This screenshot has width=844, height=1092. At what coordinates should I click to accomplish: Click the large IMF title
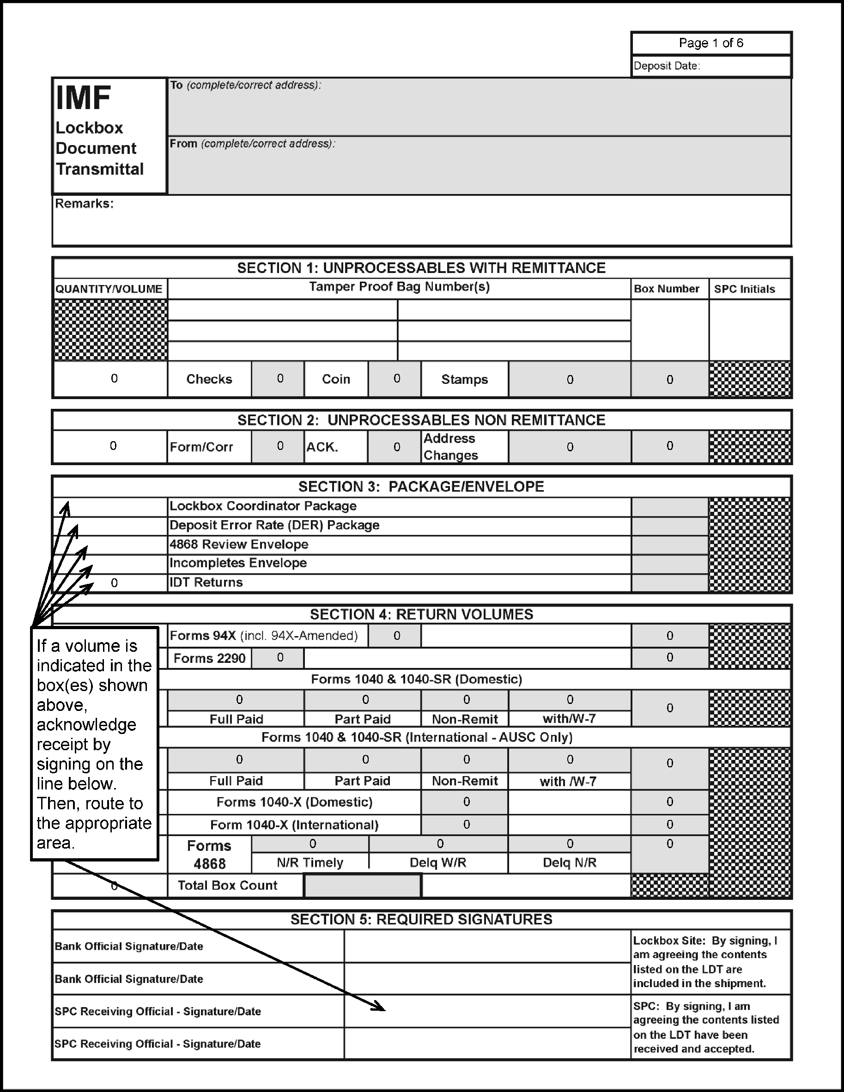pos(83,98)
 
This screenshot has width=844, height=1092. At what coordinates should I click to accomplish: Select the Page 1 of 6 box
pos(710,43)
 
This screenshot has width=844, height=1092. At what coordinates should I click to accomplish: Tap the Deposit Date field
pos(710,66)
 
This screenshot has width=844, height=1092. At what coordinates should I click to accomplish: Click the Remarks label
pos(84,204)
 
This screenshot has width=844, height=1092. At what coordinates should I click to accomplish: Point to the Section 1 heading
pos(421,268)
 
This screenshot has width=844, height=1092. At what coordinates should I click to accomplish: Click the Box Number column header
pos(667,289)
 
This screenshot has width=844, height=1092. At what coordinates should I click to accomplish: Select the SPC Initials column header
pos(744,289)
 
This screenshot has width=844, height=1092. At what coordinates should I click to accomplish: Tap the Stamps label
pos(464,380)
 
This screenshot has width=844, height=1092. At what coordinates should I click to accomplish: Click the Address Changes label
pos(450,447)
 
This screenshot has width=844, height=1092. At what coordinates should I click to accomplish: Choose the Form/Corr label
pos(201,447)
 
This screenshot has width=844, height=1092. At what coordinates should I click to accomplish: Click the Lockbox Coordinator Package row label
pos(263,506)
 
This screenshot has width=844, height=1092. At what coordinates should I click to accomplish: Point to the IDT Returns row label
pos(206,582)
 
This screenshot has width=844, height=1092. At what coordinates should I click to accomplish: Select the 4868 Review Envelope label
pos(239,545)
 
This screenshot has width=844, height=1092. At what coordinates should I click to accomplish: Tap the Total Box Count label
pos(227,886)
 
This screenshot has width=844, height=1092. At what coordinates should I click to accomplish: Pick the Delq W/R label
pos(437,862)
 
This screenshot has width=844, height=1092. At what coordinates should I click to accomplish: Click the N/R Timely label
pos(310,862)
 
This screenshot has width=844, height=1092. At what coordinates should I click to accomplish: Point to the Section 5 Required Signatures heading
pos(421,920)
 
